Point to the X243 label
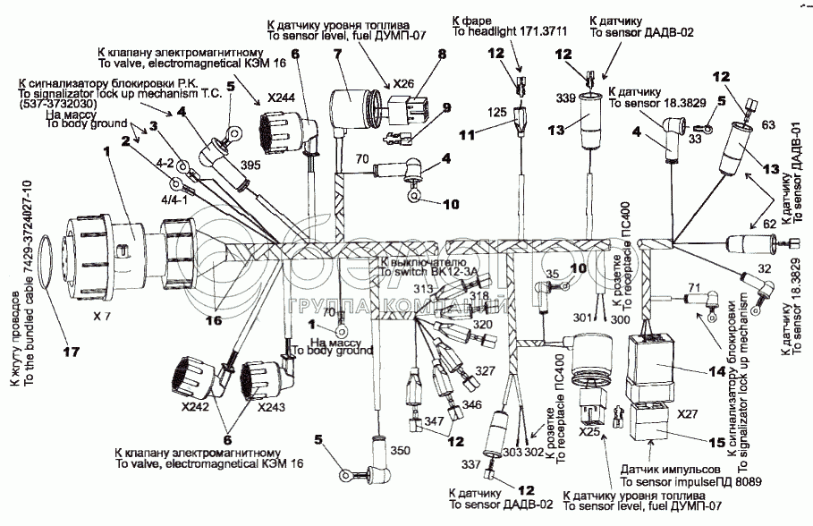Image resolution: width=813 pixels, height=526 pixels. tap(272, 406)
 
